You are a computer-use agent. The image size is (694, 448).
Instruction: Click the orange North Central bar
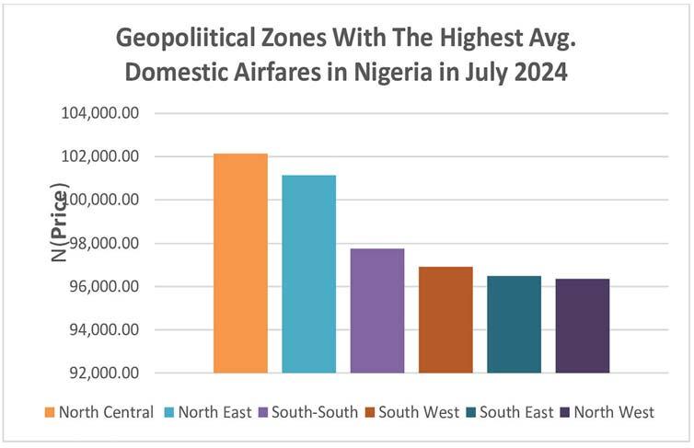pos(240,263)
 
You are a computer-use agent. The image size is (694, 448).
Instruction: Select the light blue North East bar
pos(309,274)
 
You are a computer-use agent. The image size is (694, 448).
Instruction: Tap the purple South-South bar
pos(377,310)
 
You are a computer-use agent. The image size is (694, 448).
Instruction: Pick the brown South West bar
pos(445,320)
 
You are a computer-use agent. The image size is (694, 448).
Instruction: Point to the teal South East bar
pos(514,324)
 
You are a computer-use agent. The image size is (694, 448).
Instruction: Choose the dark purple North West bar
pos(583,326)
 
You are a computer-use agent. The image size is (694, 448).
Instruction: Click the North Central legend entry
pos(99,412)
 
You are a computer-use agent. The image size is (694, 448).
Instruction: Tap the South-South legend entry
pos(308,412)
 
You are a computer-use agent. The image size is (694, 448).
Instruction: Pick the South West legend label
pos(412,412)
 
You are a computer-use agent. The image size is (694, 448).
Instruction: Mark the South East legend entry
pos(510,412)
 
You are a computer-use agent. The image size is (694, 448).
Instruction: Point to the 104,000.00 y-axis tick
pos(100,113)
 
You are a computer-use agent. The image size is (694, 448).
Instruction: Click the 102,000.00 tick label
pos(100,156)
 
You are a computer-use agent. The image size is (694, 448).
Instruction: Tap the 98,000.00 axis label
pos(104,243)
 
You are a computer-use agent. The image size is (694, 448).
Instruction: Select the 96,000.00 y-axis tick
pos(104,287)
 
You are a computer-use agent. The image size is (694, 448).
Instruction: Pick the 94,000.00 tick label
pos(104,329)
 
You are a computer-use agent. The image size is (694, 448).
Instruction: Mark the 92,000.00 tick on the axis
pos(104,373)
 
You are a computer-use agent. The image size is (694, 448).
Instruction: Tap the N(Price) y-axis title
pos(59,222)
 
